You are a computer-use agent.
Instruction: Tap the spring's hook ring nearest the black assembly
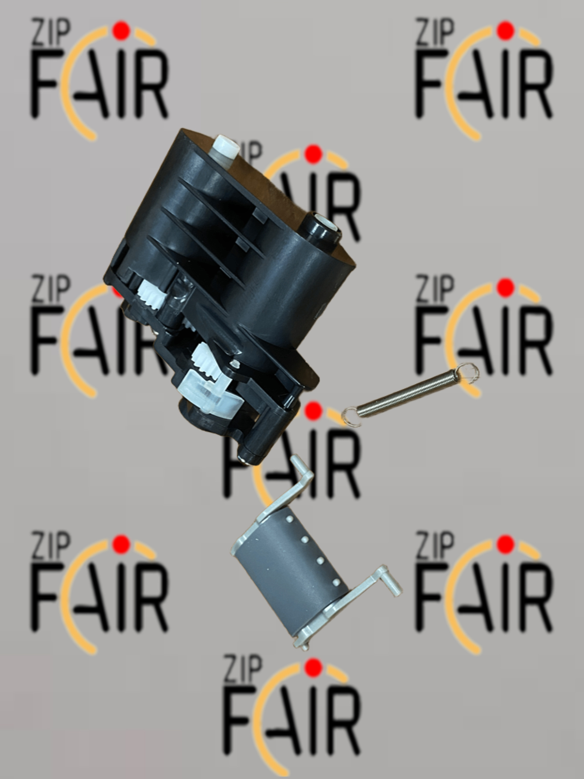[x=350, y=416]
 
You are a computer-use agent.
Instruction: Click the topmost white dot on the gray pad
[x=289, y=519]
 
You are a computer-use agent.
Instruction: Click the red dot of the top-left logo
[x=121, y=30]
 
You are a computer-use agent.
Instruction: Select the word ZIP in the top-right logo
[x=434, y=32]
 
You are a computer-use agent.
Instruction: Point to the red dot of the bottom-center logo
[x=313, y=668]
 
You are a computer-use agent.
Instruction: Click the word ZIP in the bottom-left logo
[x=51, y=545]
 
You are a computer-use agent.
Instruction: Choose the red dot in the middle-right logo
[x=505, y=287]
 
